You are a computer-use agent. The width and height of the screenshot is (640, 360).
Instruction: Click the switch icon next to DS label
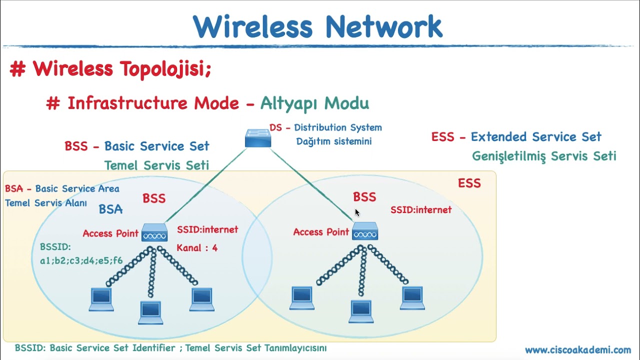click(258, 138)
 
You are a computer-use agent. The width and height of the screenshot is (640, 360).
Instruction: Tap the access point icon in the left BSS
click(154, 233)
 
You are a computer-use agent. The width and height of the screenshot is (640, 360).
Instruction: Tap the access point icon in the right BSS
click(365, 232)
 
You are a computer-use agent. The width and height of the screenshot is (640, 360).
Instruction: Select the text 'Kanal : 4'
click(197, 247)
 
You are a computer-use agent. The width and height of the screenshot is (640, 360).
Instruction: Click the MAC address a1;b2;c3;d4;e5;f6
click(81, 260)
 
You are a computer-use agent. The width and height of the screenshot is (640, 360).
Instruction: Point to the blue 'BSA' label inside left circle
click(110, 209)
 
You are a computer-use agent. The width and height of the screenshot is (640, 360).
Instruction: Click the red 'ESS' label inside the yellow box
click(469, 183)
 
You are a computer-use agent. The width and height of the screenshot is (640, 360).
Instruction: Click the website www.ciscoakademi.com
click(577, 350)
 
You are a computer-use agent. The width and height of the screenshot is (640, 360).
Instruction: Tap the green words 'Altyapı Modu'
click(314, 103)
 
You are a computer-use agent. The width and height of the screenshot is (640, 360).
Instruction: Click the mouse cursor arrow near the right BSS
click(357, 212)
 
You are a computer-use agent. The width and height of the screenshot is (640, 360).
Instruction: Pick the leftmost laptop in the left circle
click(101, 299)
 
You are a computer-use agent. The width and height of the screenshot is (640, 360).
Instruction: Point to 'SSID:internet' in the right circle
click(421, 210)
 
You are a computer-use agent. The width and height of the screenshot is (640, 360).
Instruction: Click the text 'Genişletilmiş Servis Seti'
click(544, 156)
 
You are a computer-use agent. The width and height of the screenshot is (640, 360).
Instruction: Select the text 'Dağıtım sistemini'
click(334, 141)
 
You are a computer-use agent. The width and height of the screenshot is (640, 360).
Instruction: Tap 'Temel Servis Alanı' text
click(46, 203)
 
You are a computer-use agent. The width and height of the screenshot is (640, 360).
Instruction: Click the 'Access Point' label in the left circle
click(110, 233)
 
